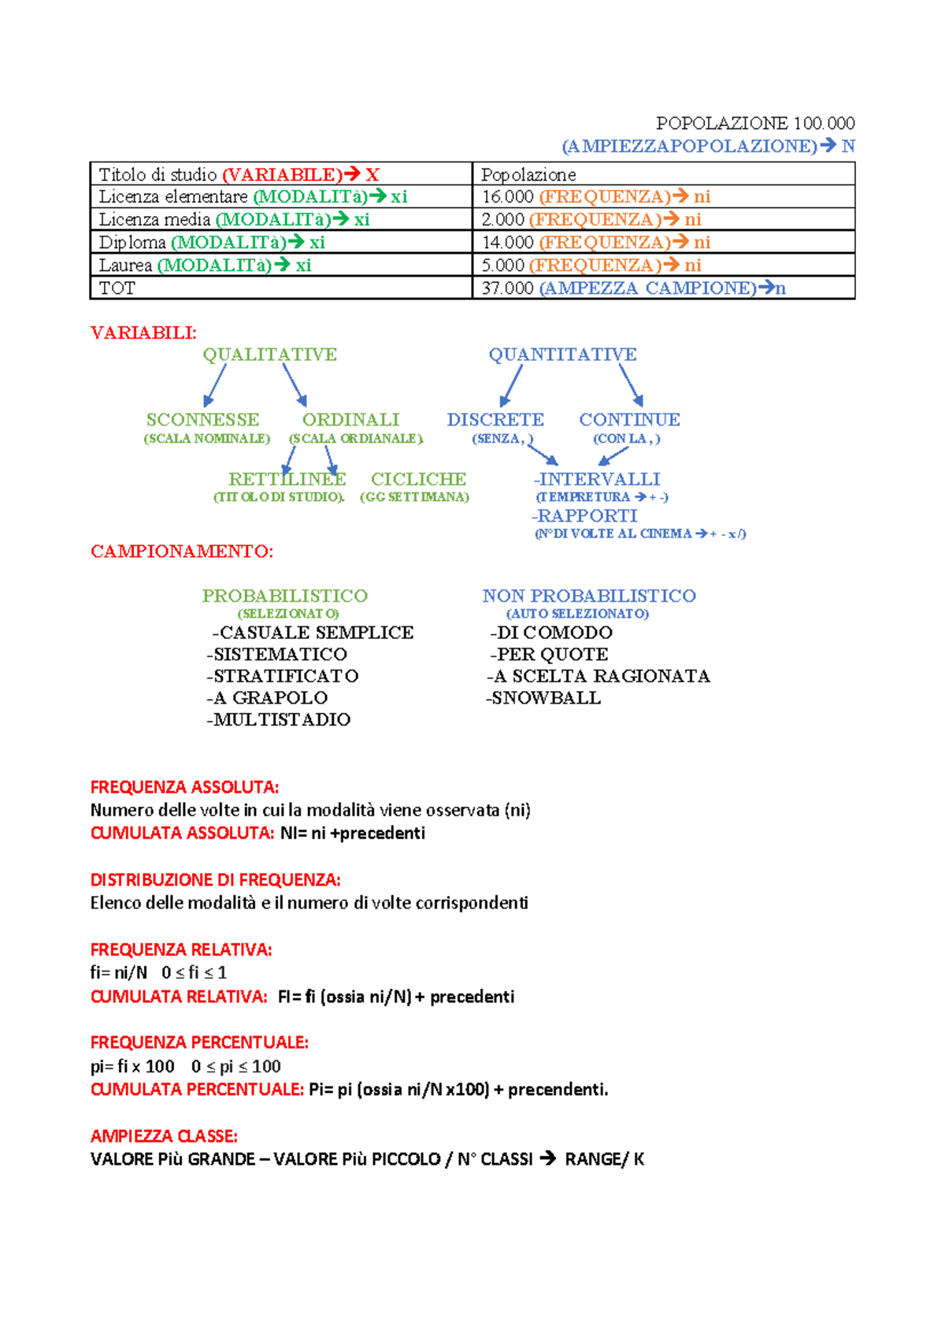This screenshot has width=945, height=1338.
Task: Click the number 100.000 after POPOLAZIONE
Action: coord(824,123)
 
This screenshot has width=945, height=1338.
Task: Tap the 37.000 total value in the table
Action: coord(507,288)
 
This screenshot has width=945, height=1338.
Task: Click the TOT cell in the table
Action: coord(117,288)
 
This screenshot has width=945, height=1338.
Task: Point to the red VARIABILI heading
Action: coord(143,333)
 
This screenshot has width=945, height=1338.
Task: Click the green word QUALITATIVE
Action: coord(269,355)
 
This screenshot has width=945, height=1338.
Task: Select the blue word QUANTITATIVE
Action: coord(562,355)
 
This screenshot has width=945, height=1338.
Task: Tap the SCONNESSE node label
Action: coord(202,420)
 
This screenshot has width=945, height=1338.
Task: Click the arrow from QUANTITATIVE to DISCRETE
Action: coord(510,386)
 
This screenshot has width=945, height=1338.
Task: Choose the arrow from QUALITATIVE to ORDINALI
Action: coord(295,385)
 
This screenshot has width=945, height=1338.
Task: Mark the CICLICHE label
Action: coord(418,479)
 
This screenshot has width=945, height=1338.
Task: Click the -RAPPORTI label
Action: coord(584,516)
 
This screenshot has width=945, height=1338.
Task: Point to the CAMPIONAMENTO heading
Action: coord(182,552)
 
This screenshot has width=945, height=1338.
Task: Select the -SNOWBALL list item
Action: coord(543,698)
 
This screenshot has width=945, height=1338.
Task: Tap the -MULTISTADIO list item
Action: coord(278,719)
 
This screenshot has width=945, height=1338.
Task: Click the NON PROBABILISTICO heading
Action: coord(589,596)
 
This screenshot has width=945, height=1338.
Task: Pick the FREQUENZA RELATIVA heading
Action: coord(181,950)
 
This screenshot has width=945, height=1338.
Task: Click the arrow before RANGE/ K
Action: coord(549,1158)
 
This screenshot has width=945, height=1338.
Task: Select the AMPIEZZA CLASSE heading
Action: coord(164,1136)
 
